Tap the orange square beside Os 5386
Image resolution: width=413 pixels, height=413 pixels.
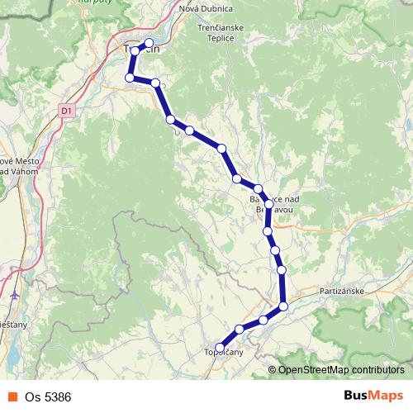point(11,396)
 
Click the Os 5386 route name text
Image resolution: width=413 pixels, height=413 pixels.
point(48,396)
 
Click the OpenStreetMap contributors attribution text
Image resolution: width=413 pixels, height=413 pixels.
point(340,369)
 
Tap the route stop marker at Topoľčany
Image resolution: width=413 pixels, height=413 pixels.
point(220,348)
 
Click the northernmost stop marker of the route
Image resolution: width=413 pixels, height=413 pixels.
point(149,43)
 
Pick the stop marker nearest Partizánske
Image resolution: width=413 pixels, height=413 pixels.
point(283,306)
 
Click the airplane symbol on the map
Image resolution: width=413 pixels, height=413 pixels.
point(16,295)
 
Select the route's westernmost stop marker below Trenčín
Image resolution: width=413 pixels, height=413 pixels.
point(129,78)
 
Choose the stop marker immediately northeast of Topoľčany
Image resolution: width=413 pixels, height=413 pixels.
point(240,329)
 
